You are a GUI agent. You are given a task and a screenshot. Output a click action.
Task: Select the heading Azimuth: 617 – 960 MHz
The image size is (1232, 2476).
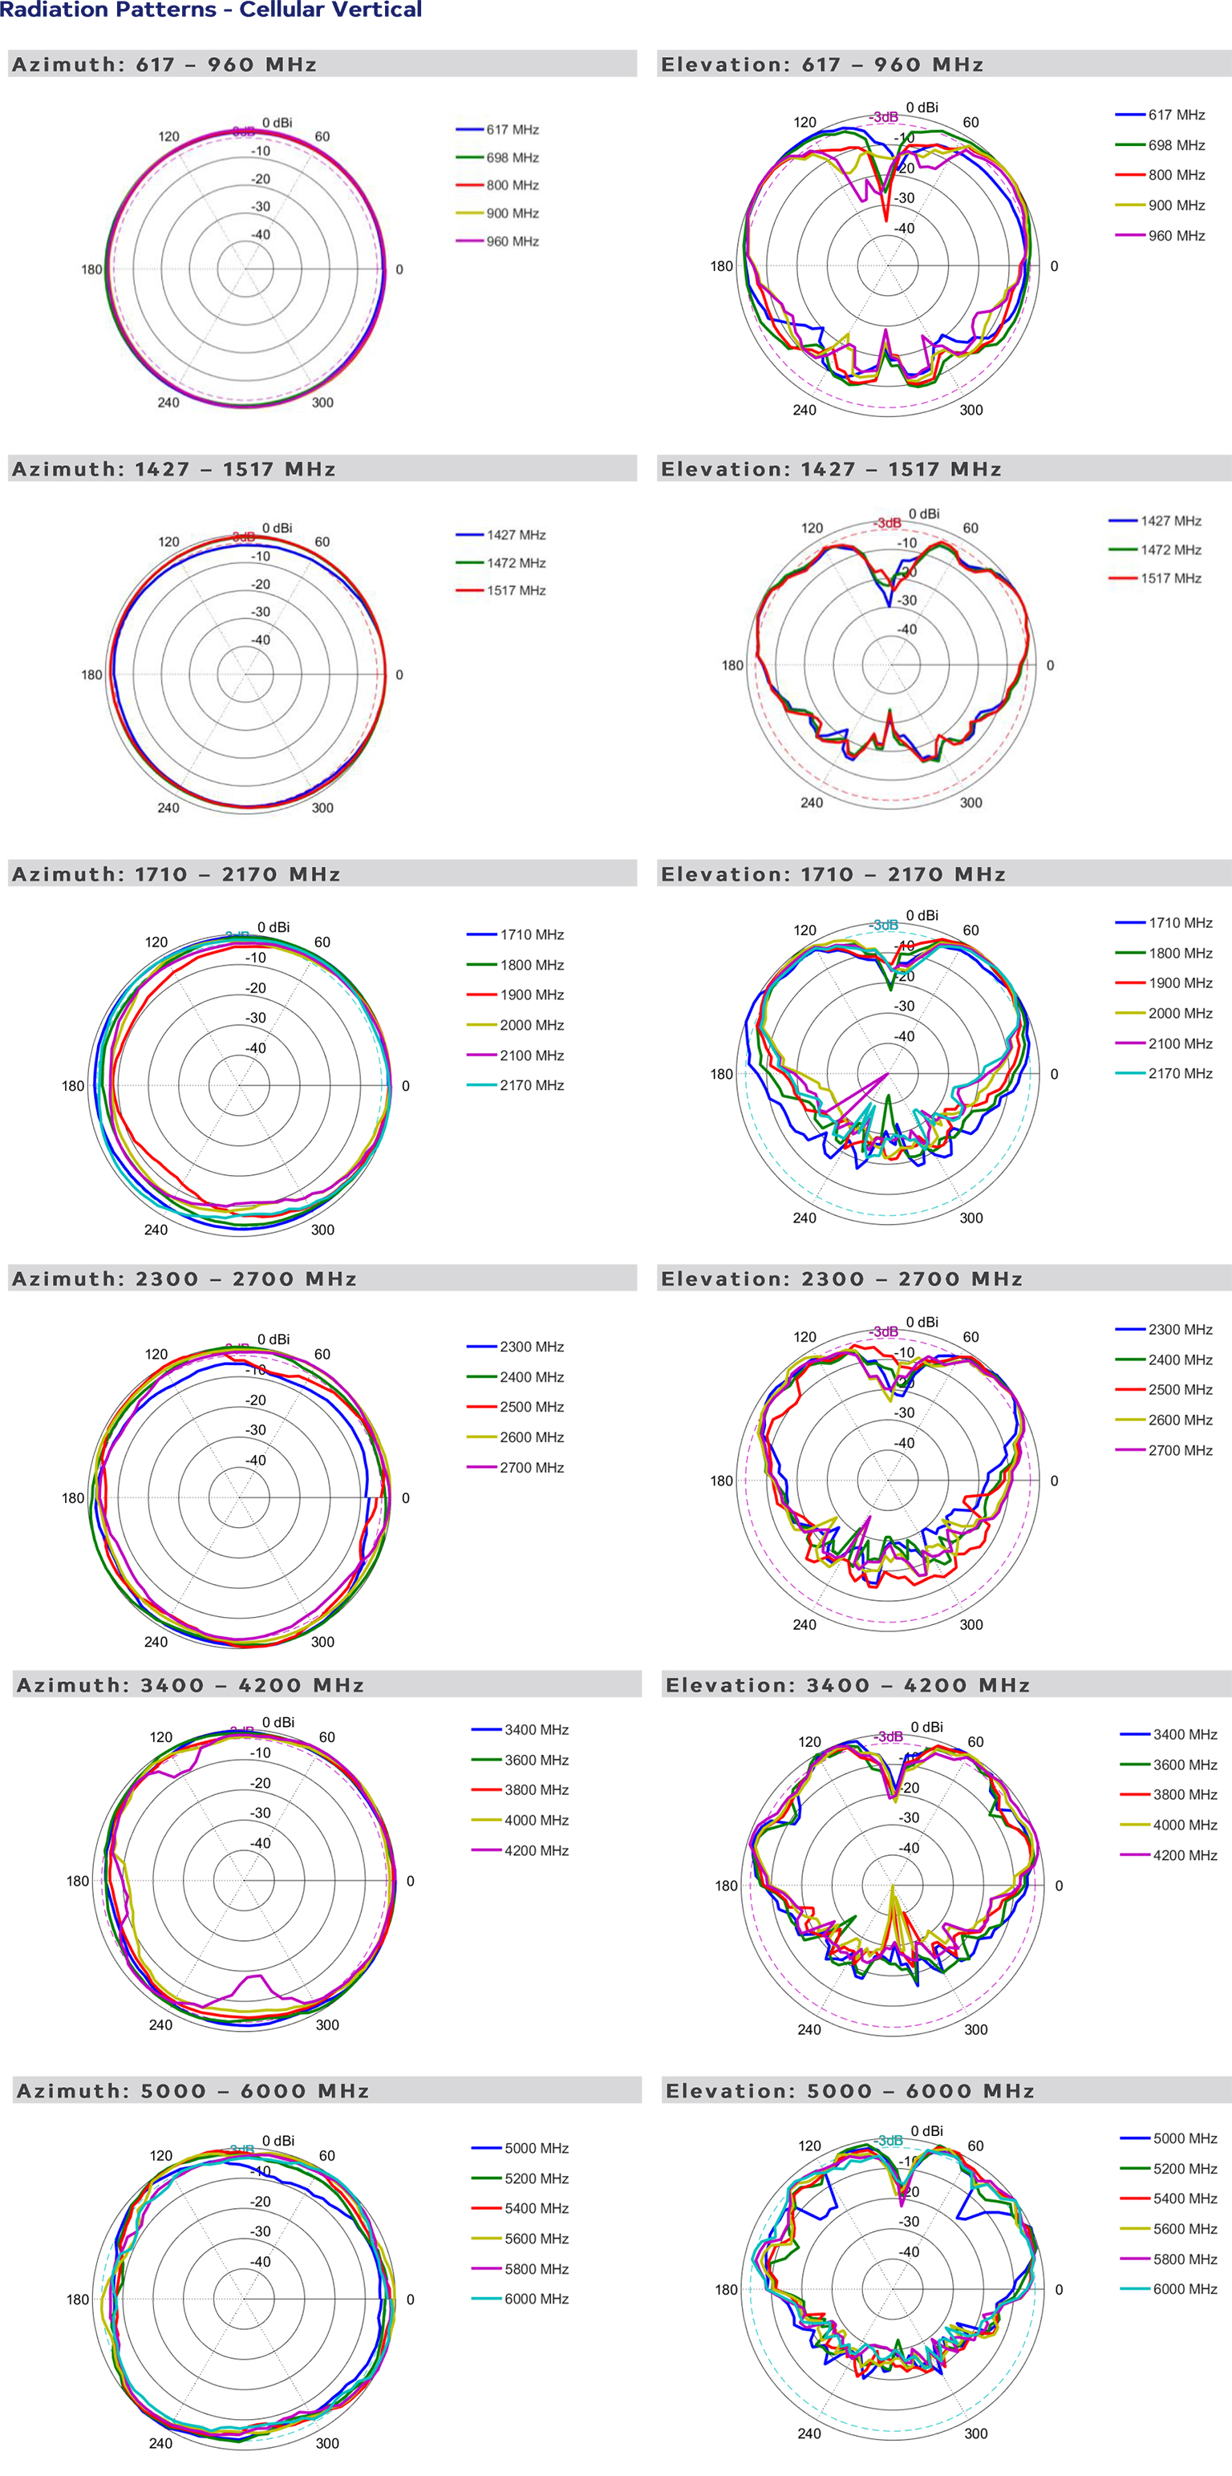coord(164,64)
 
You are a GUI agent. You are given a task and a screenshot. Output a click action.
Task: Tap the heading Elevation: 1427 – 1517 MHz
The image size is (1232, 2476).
coord(831,469)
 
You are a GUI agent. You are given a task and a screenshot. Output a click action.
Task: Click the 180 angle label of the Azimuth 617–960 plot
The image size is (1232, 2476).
coord(91,270)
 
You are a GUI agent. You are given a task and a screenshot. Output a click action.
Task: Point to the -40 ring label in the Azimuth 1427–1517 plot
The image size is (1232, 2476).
coord(261,640)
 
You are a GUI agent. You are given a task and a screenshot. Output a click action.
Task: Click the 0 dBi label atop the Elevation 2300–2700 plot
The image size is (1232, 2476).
coord(922,1322)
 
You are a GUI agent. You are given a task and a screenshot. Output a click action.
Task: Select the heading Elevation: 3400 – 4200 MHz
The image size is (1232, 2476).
coord(848,1685)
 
